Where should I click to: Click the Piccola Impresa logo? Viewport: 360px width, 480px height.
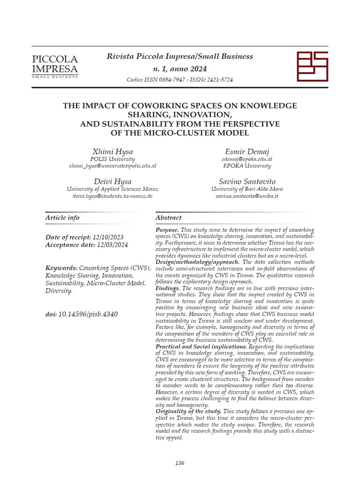tap(54, 66)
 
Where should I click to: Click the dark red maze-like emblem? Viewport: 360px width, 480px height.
tap(313, 66)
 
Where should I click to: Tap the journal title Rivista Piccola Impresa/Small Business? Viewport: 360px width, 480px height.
tap(180, 56)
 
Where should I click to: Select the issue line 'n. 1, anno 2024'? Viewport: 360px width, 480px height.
tap(180, 68)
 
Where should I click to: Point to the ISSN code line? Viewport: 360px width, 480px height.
tap(180, 80)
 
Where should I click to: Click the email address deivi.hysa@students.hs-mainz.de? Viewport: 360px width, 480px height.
tap(112, 196)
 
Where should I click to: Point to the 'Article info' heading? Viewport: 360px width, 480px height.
tap(62, 217)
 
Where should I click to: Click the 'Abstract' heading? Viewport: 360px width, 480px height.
tap(168, 217)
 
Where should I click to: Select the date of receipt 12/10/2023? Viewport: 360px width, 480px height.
tap(108, 237)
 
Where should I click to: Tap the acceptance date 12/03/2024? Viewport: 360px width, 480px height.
tap(112, 245)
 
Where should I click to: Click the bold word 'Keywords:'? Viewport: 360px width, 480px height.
tap(61, 268)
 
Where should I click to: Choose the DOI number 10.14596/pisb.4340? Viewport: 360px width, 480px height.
tap(88, 314)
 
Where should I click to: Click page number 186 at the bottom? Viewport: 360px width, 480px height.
tap(180, 463)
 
